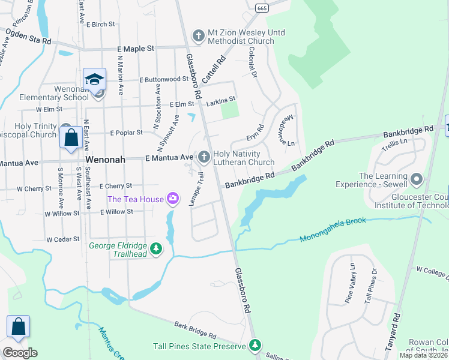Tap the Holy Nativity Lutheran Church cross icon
(204, 157)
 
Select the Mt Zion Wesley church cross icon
(198, 36)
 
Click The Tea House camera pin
(173, 198)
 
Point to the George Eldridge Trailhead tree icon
(156, 248)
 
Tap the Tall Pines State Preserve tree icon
(256, 346)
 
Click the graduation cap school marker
(95, 80)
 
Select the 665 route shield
(261, 8)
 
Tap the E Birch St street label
(100, 25)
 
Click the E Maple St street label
(136, 48)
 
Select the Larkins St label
(221, 103)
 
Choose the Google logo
(20, 353)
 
